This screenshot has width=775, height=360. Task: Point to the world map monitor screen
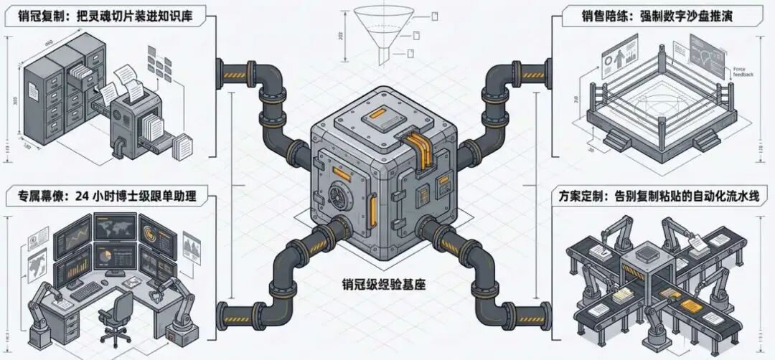click(x=114, y=229)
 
